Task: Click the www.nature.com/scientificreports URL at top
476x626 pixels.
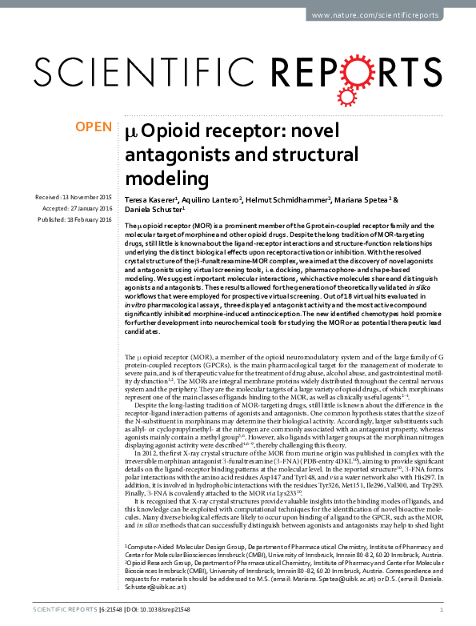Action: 386,15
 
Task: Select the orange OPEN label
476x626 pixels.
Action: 94,126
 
